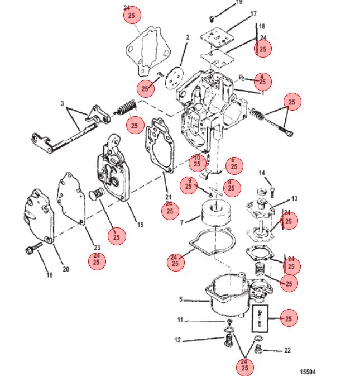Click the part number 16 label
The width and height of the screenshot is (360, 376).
[x=50, y=275]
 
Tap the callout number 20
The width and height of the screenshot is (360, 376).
[x=66, y=269]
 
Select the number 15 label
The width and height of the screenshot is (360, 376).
[x=140, y=225]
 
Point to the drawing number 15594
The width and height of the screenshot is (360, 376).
[x=308, y=372]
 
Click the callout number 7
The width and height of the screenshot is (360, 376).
[x=182, y=223]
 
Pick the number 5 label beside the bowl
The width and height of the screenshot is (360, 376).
[x=181, y=299]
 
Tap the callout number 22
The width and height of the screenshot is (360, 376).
[x=287, y=350]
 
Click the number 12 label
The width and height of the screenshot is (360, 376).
[x=177, y=340]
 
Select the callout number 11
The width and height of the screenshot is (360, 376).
[x=180, y=320]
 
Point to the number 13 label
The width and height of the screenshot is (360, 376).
[x=294, y=198]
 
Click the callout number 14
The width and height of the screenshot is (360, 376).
[x=262, y=173]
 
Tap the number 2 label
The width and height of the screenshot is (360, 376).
[x=188, y=37]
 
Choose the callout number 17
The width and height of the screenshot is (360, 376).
[x=253, y=13]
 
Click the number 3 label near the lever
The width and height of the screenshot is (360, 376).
[x=63, y=103]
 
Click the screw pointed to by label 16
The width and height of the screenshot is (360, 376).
[x=34, y=248]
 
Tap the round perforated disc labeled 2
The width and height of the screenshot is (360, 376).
[x=174, y=78]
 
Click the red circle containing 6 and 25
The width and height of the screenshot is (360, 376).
[x=234, y=166]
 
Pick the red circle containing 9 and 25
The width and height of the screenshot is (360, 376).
[x=189, y=185]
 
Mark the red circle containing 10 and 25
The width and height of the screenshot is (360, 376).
[x=197, y=163]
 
